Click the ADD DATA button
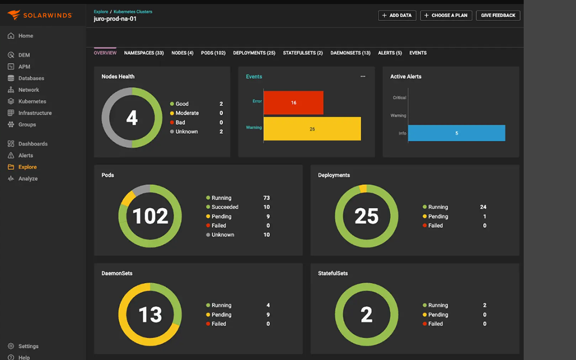pyautogui.click(x=397, y=16)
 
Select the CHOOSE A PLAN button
pyautogui.click(x=446, y=16)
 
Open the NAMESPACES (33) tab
pyautogui.click(x=143, y=53)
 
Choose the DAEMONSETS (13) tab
pyautogui.click(x=350, y=53)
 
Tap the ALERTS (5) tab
pyautogui.click(x=390, y=53)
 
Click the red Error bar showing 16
pyautogui.click(x=294, y=103)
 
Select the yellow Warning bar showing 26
pyautogui.click(x=312, y=129)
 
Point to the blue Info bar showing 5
pyautogui.click(x=456, y=133)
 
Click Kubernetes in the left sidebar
pyautogui.click(x=32, y=102)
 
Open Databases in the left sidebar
pyautogui.click(x=31, y=79)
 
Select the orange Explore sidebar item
pyautogui.click(x=27, y=167)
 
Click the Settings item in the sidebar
pyautogui.click(x=28, y=346)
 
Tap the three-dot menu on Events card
pyautogui.click(x=363, y=76)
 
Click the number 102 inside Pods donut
pyautogui.click(x=150, y=217)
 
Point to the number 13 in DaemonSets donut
pyautogui.click(x=150, y=315)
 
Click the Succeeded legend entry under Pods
pyautogui.click(x=224, y=207)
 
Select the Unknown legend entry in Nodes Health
pyautogui.click(x=186, y=132)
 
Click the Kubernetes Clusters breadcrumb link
pyautogui.click(x=133, y=11)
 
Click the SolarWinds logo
pyautogui.click(x=40, y=15)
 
